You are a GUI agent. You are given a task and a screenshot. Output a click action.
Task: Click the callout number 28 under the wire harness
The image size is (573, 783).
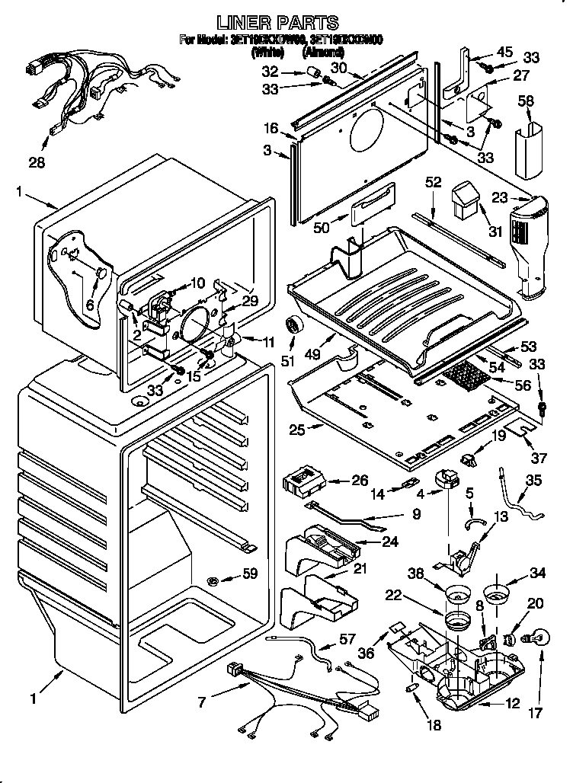[x=37, y=162]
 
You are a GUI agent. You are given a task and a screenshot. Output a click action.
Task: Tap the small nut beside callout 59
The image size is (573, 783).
[x=215, y=582]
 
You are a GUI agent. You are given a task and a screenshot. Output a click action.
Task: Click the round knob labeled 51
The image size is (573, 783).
[x=293, y=326]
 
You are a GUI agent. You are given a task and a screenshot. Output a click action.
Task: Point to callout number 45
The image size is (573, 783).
[x=504, y=52]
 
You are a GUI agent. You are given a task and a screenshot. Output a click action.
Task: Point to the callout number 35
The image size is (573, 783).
[x=533, y=481]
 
